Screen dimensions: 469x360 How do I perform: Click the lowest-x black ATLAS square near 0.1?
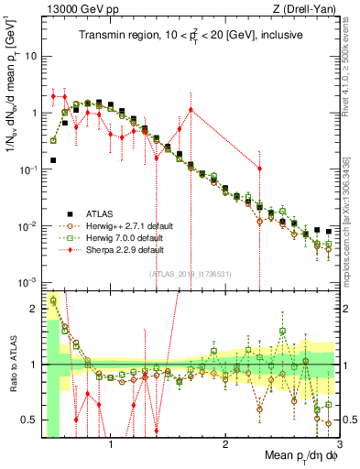(x=53, y=159)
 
